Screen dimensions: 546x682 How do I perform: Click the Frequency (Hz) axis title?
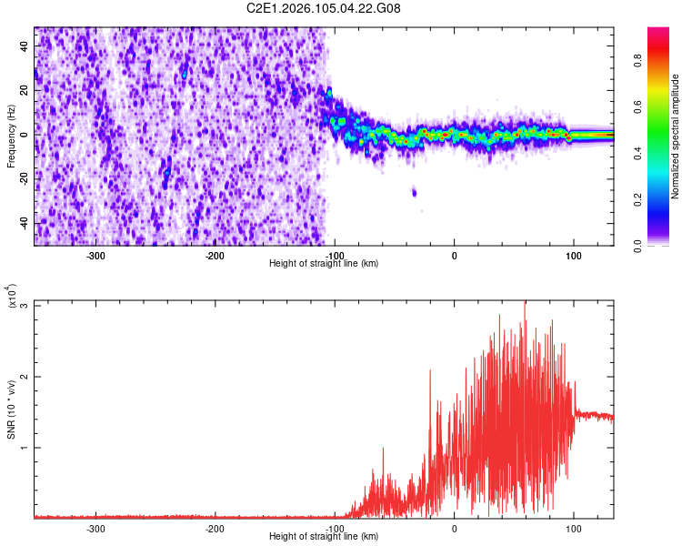[11, 135]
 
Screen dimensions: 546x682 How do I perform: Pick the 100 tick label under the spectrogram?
[574, 256]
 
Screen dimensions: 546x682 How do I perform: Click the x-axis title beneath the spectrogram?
[324, 264]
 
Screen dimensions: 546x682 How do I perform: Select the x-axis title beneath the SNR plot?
[324, 536]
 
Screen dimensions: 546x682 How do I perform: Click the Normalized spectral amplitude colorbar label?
[676, 136]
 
